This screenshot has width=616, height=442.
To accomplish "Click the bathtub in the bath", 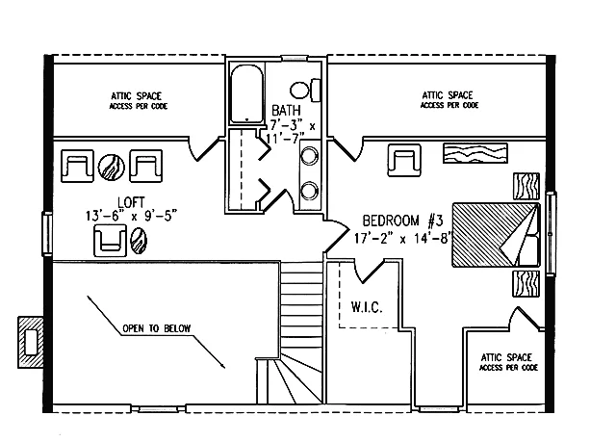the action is pos(246,94).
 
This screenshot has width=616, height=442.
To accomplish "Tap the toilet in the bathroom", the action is pos(305,91).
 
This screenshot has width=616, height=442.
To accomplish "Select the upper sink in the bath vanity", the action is pos(309,156).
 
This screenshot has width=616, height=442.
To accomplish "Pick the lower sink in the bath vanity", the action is pos(309,191).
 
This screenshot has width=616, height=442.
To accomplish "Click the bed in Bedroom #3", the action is pos(496,235).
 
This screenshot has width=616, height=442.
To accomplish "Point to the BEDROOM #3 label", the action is pos(402,221).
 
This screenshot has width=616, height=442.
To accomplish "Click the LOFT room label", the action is pos(131,202).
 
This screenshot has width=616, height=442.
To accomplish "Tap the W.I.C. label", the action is pos(367,307).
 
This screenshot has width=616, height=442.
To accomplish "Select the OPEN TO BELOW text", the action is pos(156,328).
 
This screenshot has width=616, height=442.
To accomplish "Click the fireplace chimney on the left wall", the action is pos(30,342).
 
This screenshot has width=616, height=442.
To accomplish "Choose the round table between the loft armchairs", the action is pos(112,167).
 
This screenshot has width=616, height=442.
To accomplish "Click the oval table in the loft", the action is pos(139,241).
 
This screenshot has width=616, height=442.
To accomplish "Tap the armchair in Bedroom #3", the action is pos(404,160).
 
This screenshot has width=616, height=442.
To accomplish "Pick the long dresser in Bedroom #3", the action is pos(475,153).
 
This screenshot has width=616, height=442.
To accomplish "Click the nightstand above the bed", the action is pos(526,186).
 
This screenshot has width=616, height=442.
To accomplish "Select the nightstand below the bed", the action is pos(526,283).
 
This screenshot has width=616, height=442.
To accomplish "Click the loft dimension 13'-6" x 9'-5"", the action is pos(131,216).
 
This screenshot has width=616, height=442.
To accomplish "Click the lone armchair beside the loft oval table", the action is pos(111,241).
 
